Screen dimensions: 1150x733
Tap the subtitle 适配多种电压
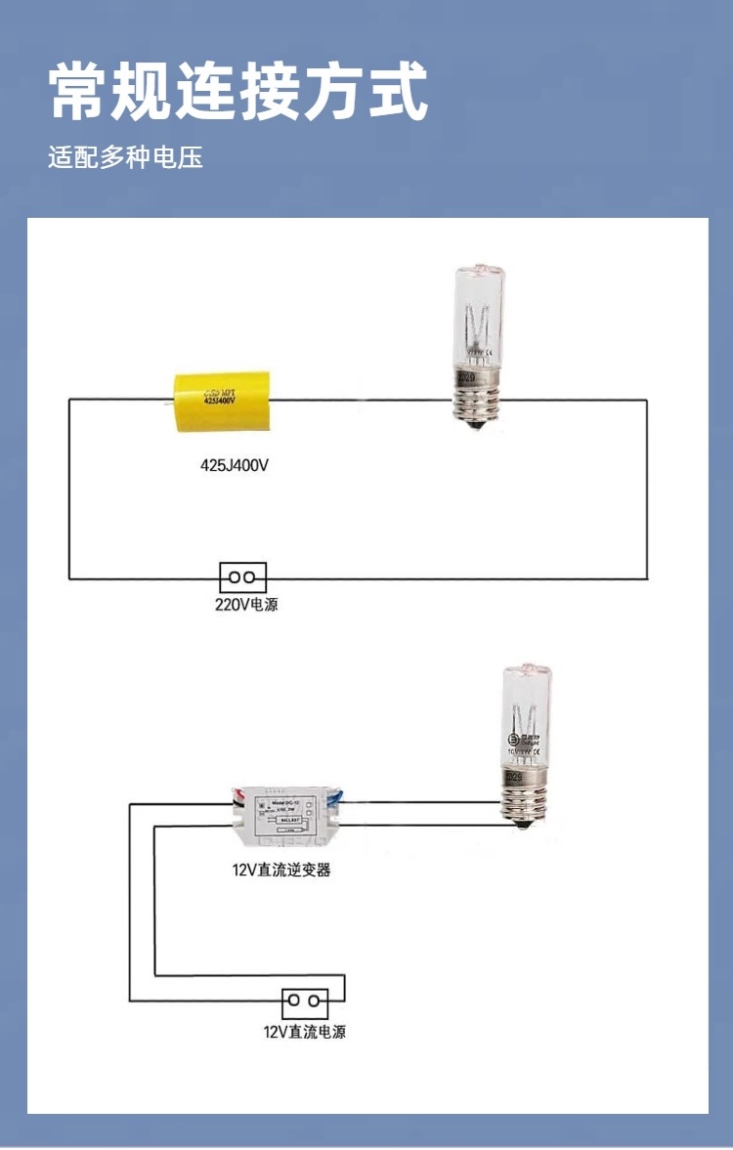tap(125, 157)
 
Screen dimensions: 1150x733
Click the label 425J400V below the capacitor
tap(234, 466)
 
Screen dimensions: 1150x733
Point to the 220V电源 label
tap(246, 605)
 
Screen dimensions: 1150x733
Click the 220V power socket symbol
tap(242, 577)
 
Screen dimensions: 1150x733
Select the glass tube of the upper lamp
tap(477, 318)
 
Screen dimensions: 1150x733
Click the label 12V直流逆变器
tap(281, 869)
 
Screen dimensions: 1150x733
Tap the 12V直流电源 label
tap(304, 1031)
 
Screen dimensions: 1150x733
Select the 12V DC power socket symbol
tap(305, 1001)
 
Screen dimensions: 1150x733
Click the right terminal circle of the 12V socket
tap(315, 1001)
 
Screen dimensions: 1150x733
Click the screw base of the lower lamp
tap(523, 801)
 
